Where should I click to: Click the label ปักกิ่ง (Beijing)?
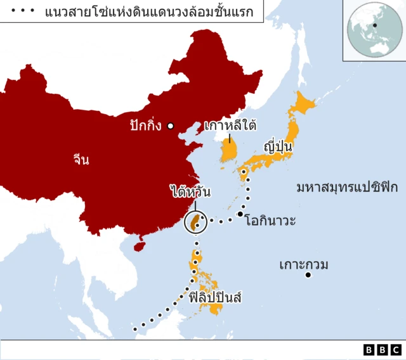[x=145, y=125]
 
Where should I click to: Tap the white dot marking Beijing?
[x=170, y=126]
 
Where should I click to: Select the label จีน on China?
[x=81, y=160]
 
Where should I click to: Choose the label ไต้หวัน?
[x=190, y=191]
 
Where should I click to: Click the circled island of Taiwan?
[x=196, y=222]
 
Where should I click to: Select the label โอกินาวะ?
[x=270, y=221]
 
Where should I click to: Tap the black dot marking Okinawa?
[x=240, y=214]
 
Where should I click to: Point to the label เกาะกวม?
[x=304, y=264]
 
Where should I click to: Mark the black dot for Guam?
[x=308, y=275]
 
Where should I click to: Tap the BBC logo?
[x=383, y=349]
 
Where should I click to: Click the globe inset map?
[x=374, y=30]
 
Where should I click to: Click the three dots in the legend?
[x=23, y=11]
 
